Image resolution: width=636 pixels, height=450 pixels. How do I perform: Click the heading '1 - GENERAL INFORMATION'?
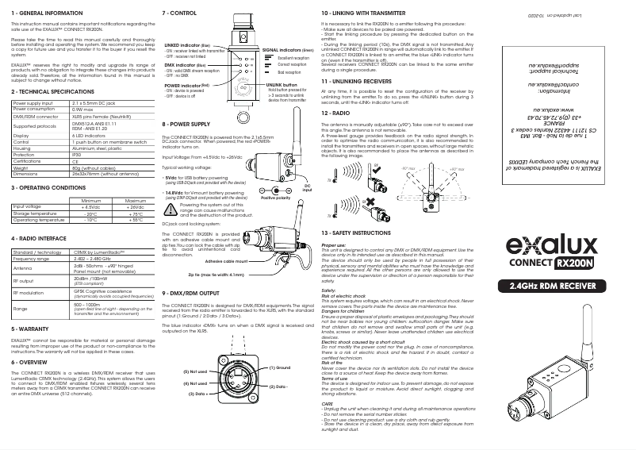tap(46, 13)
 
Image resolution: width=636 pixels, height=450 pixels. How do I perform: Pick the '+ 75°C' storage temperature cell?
tap(134, 213)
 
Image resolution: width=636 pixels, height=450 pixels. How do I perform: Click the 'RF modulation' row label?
tap(31, 293)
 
